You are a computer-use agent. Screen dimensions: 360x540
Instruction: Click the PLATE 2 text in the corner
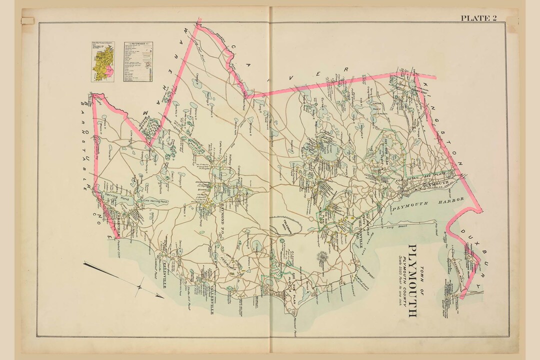478,18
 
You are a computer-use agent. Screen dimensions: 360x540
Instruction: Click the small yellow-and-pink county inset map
102,61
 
